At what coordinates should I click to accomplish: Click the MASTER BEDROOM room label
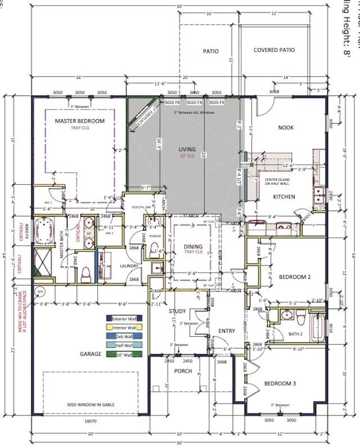point(79,121)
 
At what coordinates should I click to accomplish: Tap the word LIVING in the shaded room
point(187,149)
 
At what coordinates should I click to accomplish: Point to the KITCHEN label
point(285,197)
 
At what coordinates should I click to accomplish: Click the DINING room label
point(193,246)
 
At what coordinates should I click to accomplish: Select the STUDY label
point(177,310)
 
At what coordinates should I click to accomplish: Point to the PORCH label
point(183,371)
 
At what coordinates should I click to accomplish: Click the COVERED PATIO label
point(274,50)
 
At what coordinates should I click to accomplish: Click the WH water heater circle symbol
point(40,292)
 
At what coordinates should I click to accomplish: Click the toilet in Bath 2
point(300,320)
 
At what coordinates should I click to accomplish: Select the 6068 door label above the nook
point(275,92)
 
